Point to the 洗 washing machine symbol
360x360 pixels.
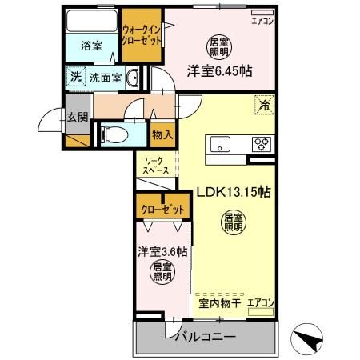tap(74, 78)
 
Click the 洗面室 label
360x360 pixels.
tap(105, 78)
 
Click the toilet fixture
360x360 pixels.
tap(112, 134)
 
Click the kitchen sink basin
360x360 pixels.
tap(221, 144)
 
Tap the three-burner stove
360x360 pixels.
tap(261, 145)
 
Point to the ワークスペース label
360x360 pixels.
tap(156, 166)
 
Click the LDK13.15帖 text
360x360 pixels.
tap(233, 193)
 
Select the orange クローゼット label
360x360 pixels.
tap(163, 210)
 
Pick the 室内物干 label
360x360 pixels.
tap(217, 303)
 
